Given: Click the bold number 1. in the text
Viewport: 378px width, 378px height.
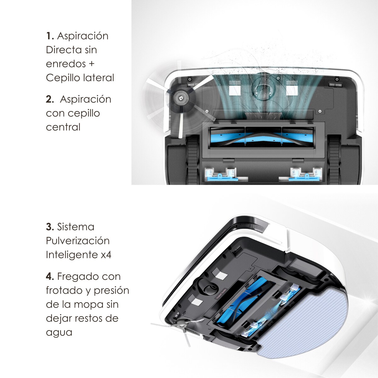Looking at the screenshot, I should pyautogui.click(x=50, y=36).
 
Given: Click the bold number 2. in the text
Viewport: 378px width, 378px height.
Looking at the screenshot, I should pyautogui.click(x=50, y=99).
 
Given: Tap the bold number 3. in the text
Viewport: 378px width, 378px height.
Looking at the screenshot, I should pyautogui.click(x=50, y=227).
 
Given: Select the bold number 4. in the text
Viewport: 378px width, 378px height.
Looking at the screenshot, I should pyautogui.click(x=50, y=277).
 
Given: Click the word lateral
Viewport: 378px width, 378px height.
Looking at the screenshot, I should pyautogui.click(x=98, y=77).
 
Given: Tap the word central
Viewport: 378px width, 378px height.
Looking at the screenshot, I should pyautogui.click(x=63, y=127).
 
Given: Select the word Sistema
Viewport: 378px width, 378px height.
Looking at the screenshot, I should pyautogui.click(x=76, y=227).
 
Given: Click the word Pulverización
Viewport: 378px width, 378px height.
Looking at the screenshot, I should pyautogui.click(x=77, y=241).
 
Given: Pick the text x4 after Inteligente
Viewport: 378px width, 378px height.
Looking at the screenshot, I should pyautogui.click(x=106, y=255).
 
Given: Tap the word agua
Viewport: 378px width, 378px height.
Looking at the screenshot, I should pyautogui.click(x=59, y=332).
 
